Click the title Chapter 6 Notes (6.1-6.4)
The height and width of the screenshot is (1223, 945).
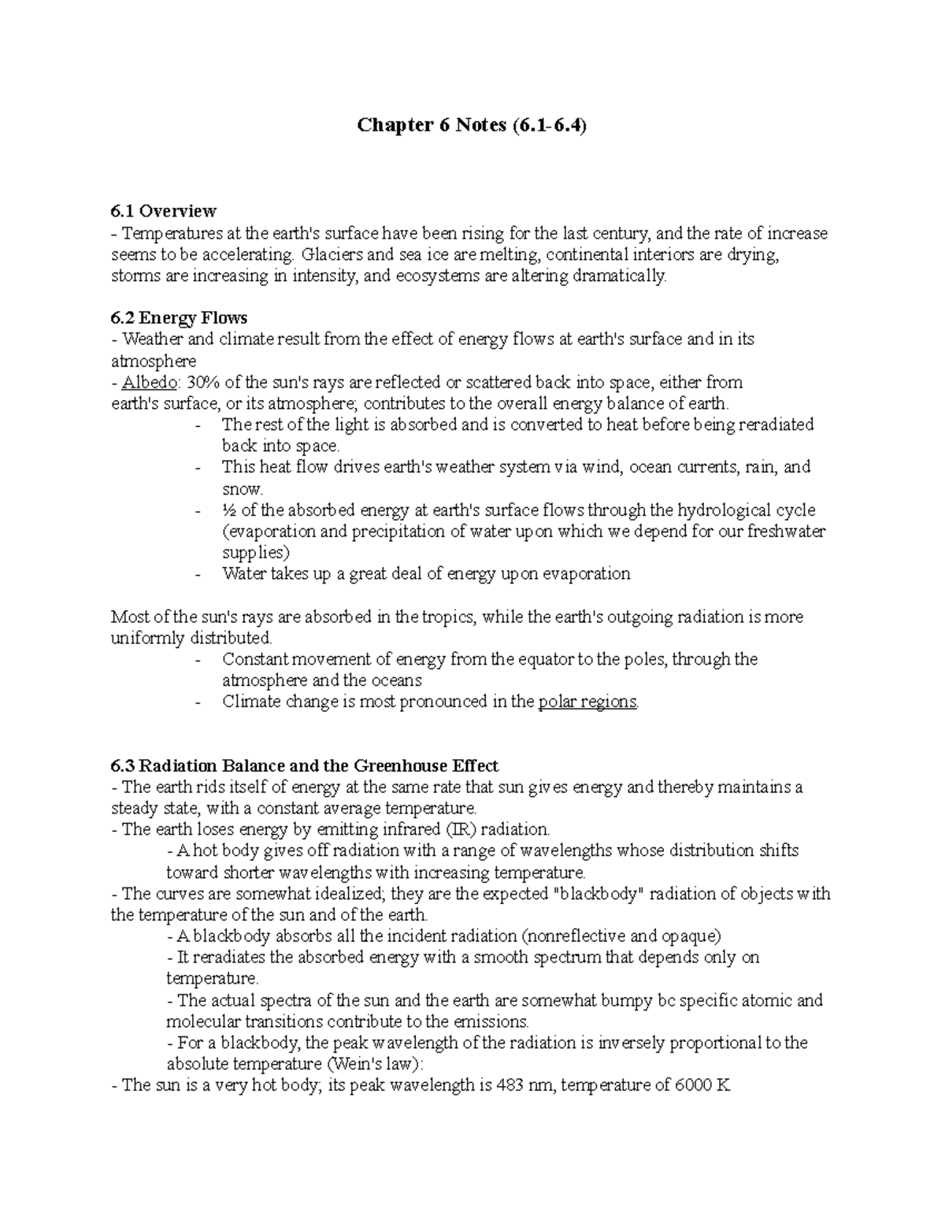coord(472,125)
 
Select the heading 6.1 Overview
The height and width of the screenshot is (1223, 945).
coord(163,211)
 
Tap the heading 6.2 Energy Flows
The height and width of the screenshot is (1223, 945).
coord(179,317)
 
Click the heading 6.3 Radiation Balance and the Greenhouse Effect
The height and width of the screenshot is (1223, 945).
coord(304,765)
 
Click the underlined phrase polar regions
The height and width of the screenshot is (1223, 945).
coord(587,702)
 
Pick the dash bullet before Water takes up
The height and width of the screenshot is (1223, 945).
coord(198,575)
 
